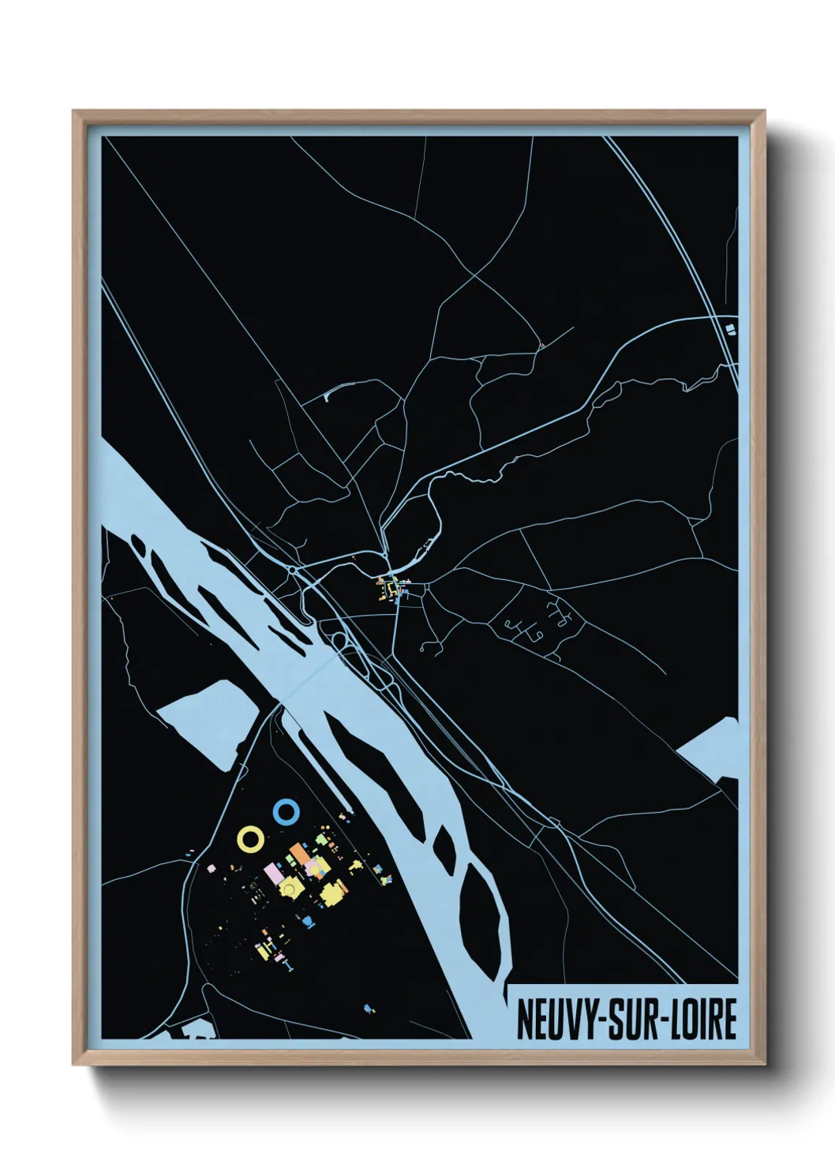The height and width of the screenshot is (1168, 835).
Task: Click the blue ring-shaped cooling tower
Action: [x=285, y=810]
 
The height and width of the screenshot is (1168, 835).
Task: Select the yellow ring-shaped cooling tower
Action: [x=251, y=839]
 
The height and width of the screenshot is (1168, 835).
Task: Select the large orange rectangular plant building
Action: [x=300, y=855]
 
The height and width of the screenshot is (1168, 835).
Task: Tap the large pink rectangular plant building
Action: [x=275, y=874]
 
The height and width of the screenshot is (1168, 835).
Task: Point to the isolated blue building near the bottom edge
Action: [x=368, y=1008]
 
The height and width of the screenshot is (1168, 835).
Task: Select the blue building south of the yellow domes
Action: [x=307, y=920]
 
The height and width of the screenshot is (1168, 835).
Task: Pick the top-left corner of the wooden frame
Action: [x=76, y=114]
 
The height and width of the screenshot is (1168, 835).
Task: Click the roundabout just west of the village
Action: [x=293, y=568]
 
